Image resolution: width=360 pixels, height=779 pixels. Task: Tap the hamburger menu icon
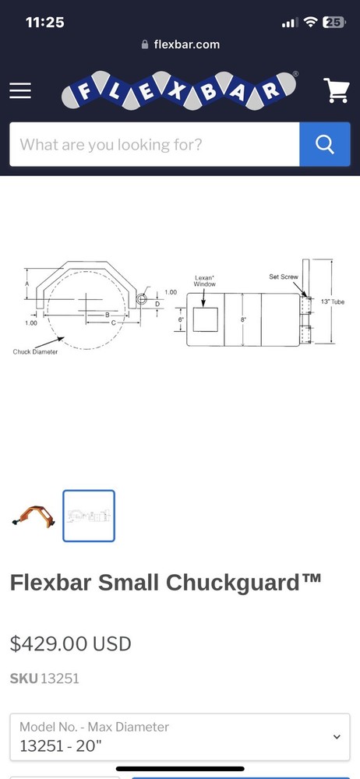coord(20,90)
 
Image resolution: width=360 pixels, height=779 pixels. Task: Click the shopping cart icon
coord(337,91)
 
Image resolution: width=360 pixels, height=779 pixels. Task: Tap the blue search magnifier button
coord(324,144)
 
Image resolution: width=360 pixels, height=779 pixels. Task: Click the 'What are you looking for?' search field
coord(154,144)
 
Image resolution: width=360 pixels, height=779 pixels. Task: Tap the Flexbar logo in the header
coord(180,92)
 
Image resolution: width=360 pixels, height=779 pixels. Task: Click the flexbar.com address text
coord(186,44)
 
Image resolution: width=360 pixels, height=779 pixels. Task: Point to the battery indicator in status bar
coord(334,23)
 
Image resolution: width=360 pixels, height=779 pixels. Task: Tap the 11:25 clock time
coord(44,23)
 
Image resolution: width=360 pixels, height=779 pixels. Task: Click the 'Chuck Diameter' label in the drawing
coord(35,352)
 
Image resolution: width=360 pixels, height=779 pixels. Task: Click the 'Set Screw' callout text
coord(283,277)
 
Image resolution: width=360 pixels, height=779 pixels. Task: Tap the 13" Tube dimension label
coord(332,301)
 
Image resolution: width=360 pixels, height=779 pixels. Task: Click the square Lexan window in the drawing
coord(205,319)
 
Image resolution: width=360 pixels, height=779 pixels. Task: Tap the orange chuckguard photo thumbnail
coord(33,516)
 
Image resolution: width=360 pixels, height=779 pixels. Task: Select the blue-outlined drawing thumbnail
coord(89,516)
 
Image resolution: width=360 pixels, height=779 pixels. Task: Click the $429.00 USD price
coord(70,643)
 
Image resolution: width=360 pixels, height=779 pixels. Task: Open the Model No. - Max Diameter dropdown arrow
coord(337,736)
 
